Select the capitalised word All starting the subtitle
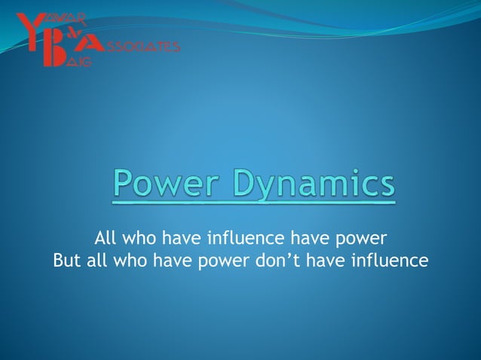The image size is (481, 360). pyautogui.click(x=106, y=239)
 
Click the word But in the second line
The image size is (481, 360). pyautogui.click(x=66, y=261)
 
